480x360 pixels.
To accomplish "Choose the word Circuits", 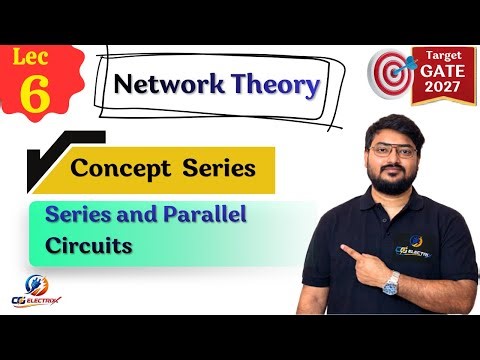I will click(90, 243).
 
